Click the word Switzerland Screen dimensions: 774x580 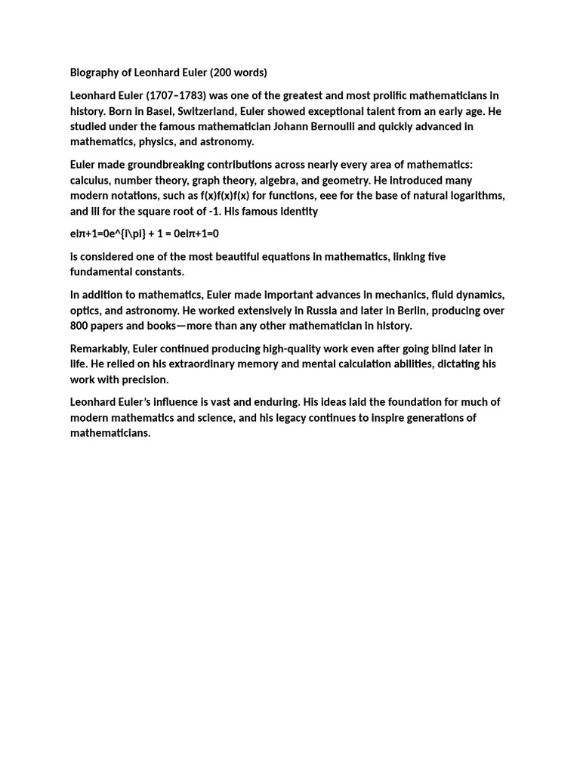click(x=207, y=111)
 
